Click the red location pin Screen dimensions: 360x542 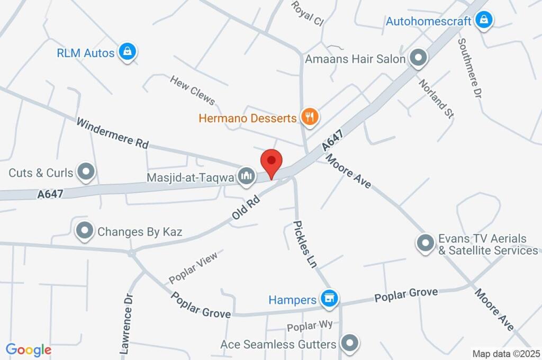pos(272,162)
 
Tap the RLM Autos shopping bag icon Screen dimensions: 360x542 pos(127,52)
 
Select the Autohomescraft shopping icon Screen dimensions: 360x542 pos(483,21)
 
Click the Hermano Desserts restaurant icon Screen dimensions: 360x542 pos(309,117)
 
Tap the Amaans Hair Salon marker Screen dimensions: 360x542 pos(419,59)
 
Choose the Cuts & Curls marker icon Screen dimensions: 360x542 pos(85,172)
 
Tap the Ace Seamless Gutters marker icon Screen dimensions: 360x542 pos(350,343)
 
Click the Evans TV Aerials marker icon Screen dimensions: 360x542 pos(424,244)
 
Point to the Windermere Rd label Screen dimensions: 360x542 pos(112,133)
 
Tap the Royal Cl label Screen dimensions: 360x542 pos(308,14)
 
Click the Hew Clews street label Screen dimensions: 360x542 pos(192,90)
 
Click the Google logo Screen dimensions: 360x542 pos(29,350)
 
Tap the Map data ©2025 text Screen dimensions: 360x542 pos(506,353)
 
